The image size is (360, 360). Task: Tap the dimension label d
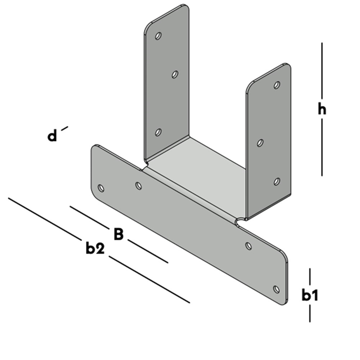coord(52,135)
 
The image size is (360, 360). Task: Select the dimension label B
coord(119,234)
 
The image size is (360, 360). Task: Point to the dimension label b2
coord(95,248)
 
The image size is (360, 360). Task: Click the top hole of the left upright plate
coord(158,36)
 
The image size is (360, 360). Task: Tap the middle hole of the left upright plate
coord(175,74)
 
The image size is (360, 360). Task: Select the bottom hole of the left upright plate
coord(158,132)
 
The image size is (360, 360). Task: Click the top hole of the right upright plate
coord(277,85)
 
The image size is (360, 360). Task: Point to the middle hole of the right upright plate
coord(260,143)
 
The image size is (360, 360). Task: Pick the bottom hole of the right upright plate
coord(277,181)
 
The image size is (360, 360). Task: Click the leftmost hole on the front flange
coord(101,188)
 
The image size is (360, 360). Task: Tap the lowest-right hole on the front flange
coord(277,289)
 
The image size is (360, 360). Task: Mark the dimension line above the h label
coord(322,70)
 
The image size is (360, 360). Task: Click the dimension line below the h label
coord(322,147)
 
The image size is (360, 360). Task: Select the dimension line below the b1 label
coord(310,313)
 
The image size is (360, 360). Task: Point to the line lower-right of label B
coord(148,251)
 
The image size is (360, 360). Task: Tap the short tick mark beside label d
coord(65,128)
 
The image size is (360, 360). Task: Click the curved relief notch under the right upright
coord(240,221)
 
